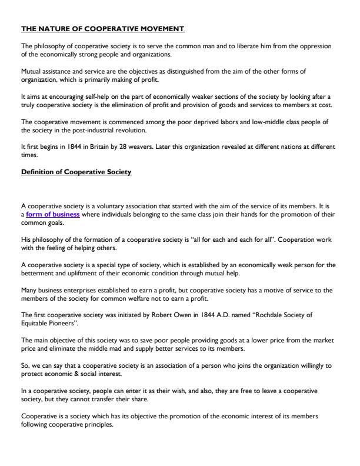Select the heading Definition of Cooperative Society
coord(76,171)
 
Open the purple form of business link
coord(53,214)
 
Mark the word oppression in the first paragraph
coord(317,45)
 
